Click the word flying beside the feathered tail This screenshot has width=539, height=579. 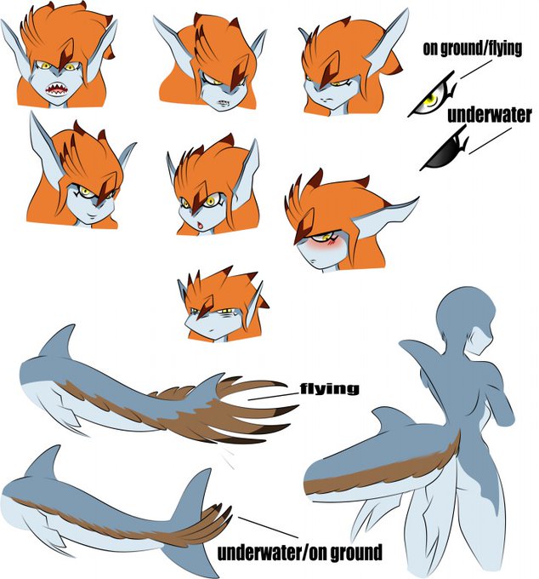point(329,388)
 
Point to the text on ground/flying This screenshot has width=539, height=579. point(473,48)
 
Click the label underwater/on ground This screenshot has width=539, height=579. point(299,553)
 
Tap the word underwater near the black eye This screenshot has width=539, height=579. point(489,115)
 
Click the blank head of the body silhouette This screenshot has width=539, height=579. point(465,312)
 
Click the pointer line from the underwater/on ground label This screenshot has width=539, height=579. point(268,527)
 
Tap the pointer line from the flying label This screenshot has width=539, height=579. point(273,397)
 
